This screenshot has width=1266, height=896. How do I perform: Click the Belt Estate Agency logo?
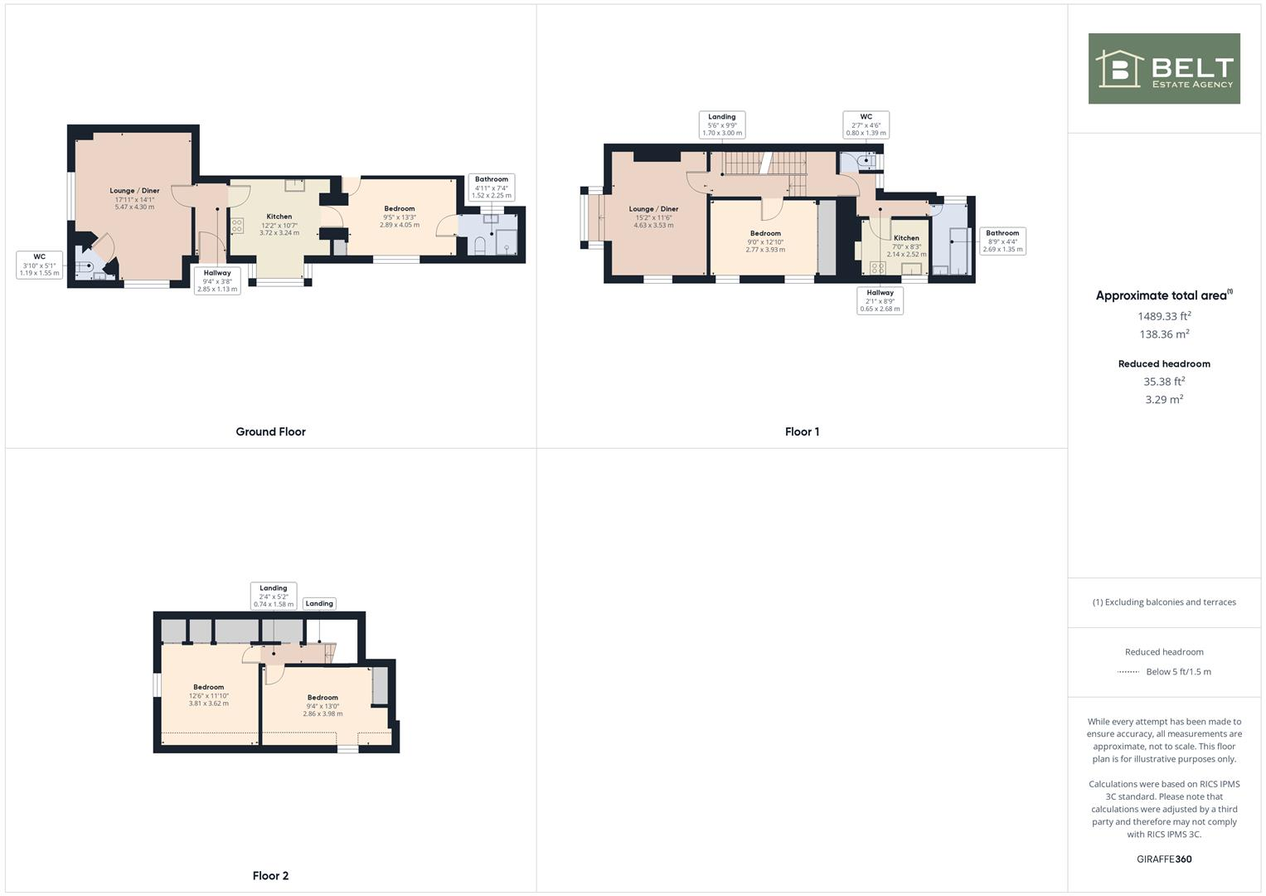pyautogui.click(x=1163, y=69)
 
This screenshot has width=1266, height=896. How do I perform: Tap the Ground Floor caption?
pyautogui.click(x=270, y=431)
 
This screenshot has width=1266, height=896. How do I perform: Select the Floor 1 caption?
pyautogui.click(x=802, y=431)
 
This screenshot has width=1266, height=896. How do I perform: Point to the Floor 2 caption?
pyautogui.click(x=270, y=875)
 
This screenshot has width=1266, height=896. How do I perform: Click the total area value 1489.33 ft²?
pyautogui.click(x=1163, y=316)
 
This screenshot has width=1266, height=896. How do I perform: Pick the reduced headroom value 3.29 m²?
pyautogui.click(x=1163, y=400)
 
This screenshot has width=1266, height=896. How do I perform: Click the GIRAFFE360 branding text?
pyautogui.click(x=1163, y=859)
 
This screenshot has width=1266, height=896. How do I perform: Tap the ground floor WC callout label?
pyautogui.click(x=39, y=265)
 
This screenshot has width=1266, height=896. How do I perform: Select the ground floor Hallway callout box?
pyautogui.click(x=217, y=280)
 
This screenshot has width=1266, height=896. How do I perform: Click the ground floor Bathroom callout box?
pyautogui.click(x=492, y=187)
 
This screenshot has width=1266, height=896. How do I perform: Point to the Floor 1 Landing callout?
pyautogui.click(x=721, y=124)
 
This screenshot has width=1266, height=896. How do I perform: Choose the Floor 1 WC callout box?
pyautogui.click(x=866, y=124)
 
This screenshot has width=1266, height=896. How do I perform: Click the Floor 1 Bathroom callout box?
pyautogui.click(x=1002, y=241)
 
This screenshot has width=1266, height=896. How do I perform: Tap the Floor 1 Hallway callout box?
pyautogui.click(x=880, y=300)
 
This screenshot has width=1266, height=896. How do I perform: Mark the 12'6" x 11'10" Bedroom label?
pyautogui.click(x=209, y=695)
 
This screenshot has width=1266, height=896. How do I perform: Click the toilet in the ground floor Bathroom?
pyautogui.click(x=480, y=245)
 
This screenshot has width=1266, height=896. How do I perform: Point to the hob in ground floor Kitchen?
pyautogui.click(x=237, y=225)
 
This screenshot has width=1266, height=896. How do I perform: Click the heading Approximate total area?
pyautogui.click(x=1163, y=295)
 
